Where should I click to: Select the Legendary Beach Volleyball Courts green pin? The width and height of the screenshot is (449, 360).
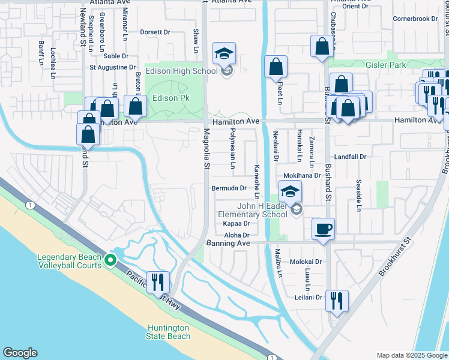pyautogui.click(x=110, y=260)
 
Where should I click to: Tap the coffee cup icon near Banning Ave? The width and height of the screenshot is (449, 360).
pyautogui.click(x=324, y=229)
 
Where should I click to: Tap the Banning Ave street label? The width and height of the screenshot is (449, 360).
pyautogui.click(x=228, y=243)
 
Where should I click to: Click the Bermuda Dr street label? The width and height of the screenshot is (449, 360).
pyautogui.click(x=229, y=188)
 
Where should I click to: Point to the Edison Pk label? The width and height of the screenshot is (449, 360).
pyautogui.click(x=174, y=98)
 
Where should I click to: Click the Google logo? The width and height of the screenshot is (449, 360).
pyautogui.click(x=20, y=353)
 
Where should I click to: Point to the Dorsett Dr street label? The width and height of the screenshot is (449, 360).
pyautogui.click(x=155, y=32)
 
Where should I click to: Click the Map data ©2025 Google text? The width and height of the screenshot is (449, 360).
pyautogui.click(x=412, y=355)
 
